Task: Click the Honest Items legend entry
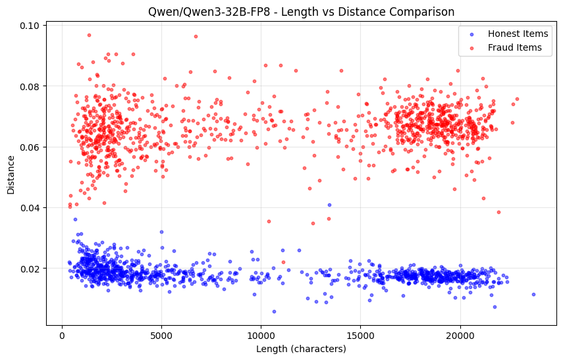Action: pyautogui.click(x=514, y=34)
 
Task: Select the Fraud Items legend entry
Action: pyautogui.click(x=514, y=47)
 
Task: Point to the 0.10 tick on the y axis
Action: pyautogui.click(x=32, y=26)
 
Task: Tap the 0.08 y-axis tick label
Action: pyautogui.click(x=32, y=86)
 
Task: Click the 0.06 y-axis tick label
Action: pyautogui.click(x=32, y=147)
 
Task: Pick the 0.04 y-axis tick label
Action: pyautogui.click(x=32, y=208)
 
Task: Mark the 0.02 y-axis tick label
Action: pyautogui.click(x=32, y=269)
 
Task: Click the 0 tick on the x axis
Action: pyautogui.click(x=62, y=335)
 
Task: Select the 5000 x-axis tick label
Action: pyautogui.click(x=161, y=335)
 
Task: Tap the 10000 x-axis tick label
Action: pyautogui.click(x=261, y=335)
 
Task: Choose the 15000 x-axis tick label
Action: pyautogui.click(x=360, y=335)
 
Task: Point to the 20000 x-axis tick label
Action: pyautogui.click(x=460, y=335)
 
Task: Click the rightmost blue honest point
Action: pyautogui.click(x=533, y=294)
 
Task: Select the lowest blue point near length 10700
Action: pyautogui.click(x=274, y=311)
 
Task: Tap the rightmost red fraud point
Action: pyautogui.click(x=517, y=99)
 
